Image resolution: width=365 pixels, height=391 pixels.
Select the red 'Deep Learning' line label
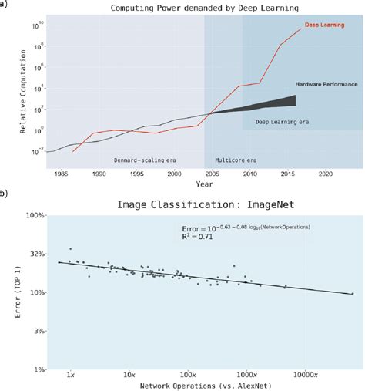tap(323, 24)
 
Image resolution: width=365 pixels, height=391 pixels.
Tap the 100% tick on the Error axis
tap(32, 217)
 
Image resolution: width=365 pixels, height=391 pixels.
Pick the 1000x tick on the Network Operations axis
tap(246, 376)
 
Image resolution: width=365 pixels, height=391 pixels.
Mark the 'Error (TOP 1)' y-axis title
tap(17, 293)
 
